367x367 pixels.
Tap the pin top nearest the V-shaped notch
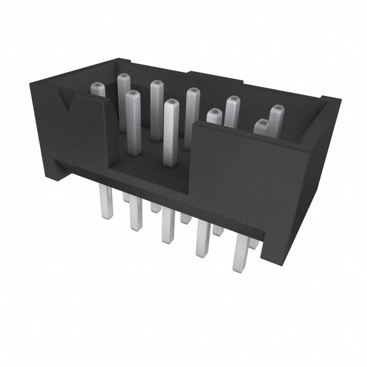(99, 89)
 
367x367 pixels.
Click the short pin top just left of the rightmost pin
(261, 126)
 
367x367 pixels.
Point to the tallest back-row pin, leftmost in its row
(124, 80)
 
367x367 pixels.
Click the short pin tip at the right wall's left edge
(213, 115)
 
